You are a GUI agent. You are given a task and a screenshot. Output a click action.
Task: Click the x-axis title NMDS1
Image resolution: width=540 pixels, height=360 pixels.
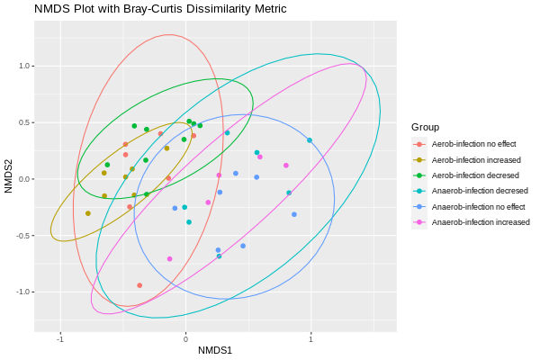tap(215, 349)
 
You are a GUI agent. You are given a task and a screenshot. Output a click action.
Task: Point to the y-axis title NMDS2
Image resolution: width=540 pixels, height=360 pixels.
tap(9, 176)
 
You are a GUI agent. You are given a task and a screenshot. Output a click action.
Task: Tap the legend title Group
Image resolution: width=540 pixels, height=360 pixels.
tap(425, 127)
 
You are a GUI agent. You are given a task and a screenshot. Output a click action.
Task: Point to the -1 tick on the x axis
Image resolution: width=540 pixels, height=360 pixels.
tap(60, 338)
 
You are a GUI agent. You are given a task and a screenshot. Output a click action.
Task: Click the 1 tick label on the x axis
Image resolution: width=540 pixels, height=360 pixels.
tap(310, 338)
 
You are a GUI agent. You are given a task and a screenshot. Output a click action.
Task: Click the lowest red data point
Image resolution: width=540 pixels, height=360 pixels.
tap(139, 285)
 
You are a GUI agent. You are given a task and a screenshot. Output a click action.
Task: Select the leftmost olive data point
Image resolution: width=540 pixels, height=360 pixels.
tap(88, 213)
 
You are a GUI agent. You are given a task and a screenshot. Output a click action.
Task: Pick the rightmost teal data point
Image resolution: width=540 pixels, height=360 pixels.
tap(310, 140)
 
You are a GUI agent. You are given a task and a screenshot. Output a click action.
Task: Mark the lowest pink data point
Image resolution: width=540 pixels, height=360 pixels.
tap(169, 259)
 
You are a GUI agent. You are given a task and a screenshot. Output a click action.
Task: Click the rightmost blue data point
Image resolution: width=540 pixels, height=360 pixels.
tap(294, 214)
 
